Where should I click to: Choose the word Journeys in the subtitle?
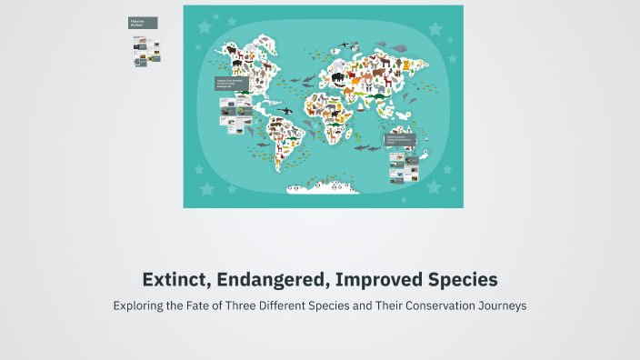(x=498, y=306)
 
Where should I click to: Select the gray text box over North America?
(x=230, y=85)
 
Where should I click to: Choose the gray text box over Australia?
(x=400, y=141)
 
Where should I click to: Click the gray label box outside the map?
(x=143, y=23)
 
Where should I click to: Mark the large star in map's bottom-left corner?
(x=206, y=189)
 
